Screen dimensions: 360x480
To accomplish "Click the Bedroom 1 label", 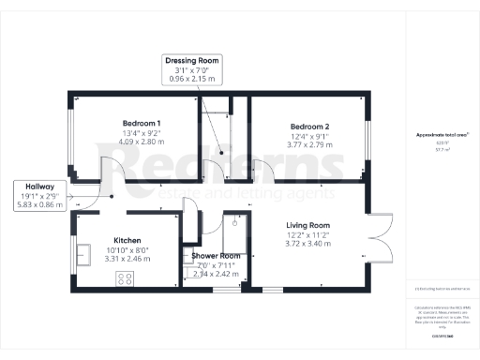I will pyautogui.click(x=141, y=124).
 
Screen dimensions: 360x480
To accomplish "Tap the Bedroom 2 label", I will pyautogui.click(x=308, y=127).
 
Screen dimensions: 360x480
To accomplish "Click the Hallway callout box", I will pyautogui.click(x=40, y=194).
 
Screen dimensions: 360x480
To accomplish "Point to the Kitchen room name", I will pyautogui.click(x=127, y=239).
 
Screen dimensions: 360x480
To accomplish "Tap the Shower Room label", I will pyautogui.click(x=216, y=255).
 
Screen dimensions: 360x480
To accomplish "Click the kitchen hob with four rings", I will pyautogui.click(x=125, y=277).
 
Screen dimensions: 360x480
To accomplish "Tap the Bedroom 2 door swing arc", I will pyautogui.click(x=264, y=169).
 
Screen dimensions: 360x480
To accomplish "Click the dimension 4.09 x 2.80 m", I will pyautogui.click(x=141, y=144).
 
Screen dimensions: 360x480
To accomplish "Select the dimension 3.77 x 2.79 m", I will pyautogui.click(x=308, y=146).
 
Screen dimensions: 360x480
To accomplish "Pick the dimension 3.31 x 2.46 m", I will pyautogui.click(x=127, y=259).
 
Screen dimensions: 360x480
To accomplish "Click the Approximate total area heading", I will pyautogui.click(x=442, y=135).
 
